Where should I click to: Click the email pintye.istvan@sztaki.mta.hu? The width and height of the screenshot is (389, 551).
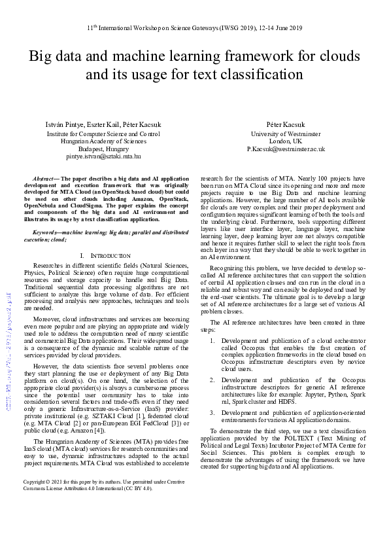[x=103, y=157]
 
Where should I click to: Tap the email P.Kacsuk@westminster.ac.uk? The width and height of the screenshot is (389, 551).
[x=286, y=149]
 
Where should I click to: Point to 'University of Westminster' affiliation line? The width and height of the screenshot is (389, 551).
[x=286, y=133]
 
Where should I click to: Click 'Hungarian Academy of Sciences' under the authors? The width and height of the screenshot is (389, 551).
[x=103, y=141]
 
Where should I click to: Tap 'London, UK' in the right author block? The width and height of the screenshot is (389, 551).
[x=286, y=141]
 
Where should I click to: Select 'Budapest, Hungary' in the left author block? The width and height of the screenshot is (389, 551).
[x=103, y=149]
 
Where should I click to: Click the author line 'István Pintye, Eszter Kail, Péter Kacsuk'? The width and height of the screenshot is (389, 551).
[x=103, y=124]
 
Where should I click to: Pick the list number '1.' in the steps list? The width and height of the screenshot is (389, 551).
[x=212, y=341]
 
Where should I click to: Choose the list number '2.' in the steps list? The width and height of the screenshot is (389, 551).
[x=212, y=379]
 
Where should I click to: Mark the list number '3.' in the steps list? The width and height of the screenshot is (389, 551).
[x=212, y=412]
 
